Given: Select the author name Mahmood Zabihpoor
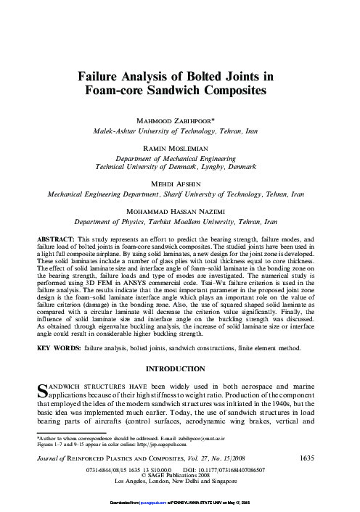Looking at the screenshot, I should click(180, 120).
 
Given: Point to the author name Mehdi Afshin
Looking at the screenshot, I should click(180, 184).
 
